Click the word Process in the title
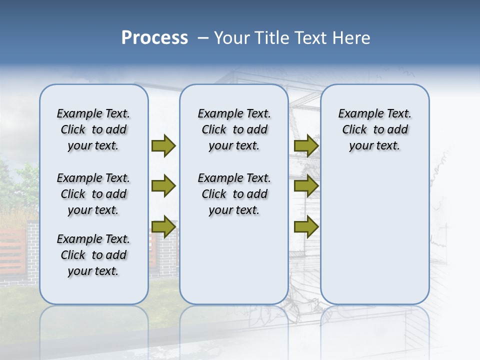tap(154, 38)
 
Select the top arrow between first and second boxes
tap(163, 145)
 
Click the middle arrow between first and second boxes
tap(163, 186)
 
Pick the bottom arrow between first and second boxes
tap(163, 226)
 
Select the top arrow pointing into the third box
tap(306, 145)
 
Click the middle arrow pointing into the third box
tap(306, 186)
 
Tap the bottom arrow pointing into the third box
tap(306, 226)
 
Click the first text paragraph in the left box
tap(93, 129)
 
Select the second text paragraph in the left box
tap(93, 194)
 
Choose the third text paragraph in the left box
tap(93, 255)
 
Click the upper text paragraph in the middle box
tap(234, 129)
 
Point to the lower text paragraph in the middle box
tap(234, 194)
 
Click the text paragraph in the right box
tap(374, 129)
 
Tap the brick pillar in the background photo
tap(32, 245)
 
